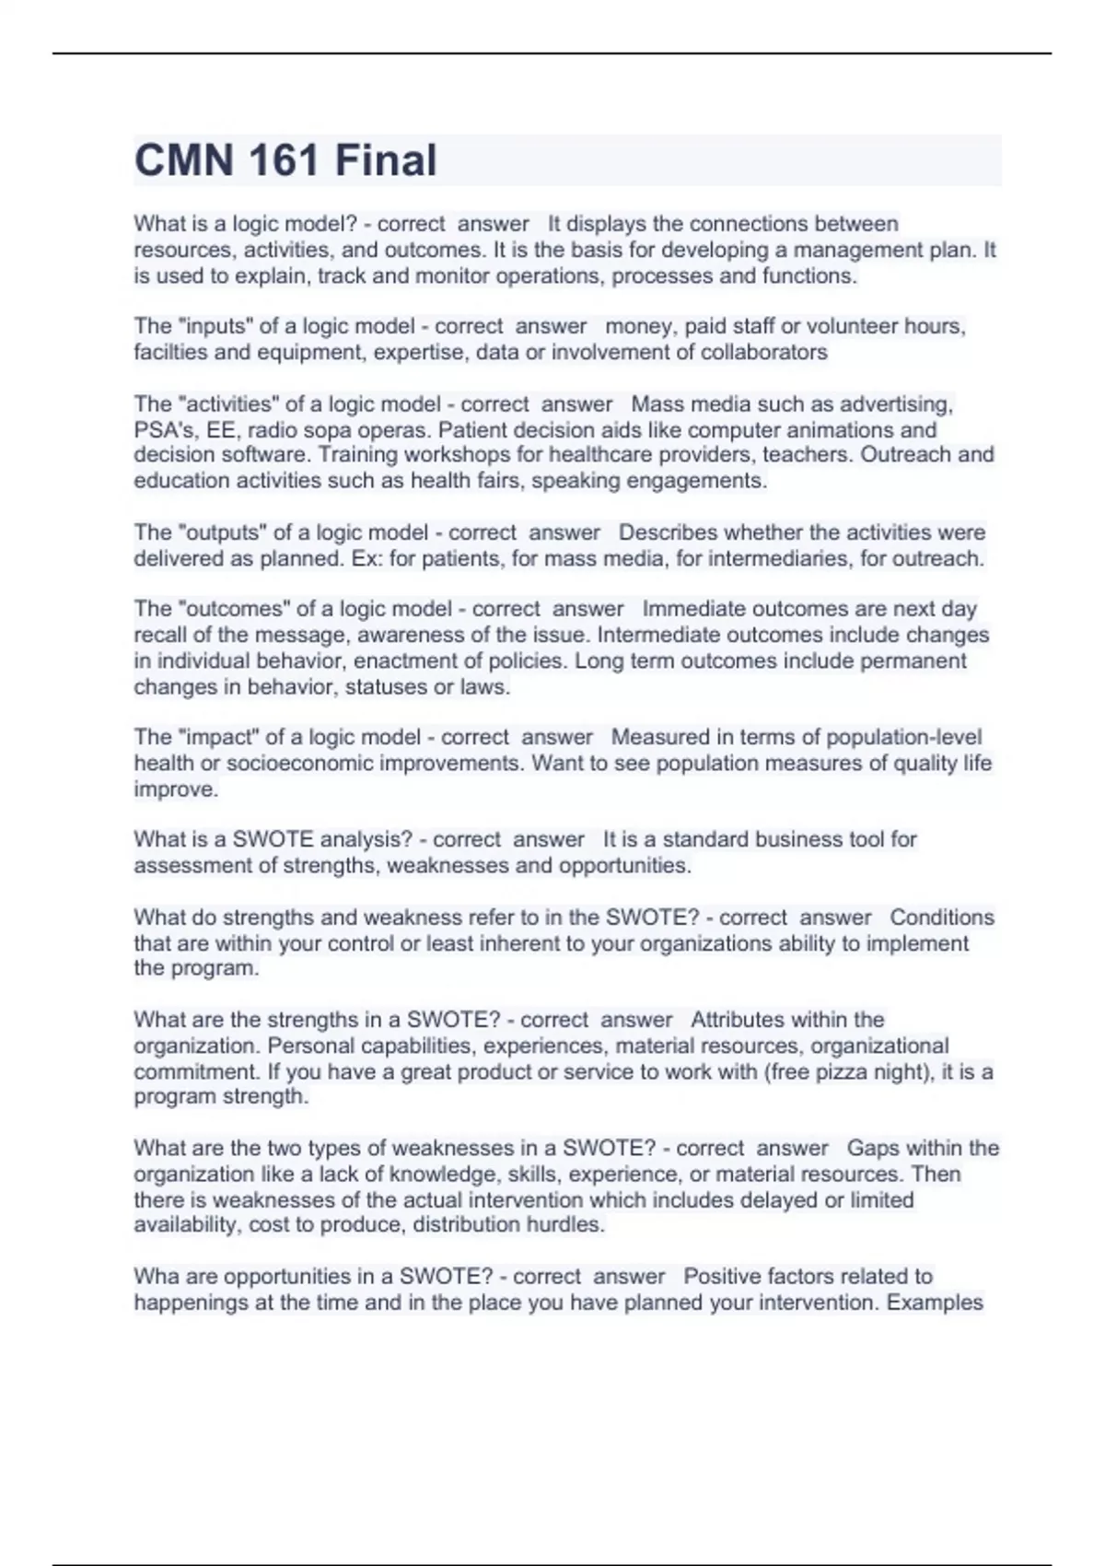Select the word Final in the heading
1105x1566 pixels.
[x=386, y=160]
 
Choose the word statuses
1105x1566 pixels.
[x=386, y=686]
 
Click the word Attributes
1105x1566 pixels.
[x=741, y=1020]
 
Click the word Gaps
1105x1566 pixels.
[x=869, y=1148]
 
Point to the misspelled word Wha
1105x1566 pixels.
[x=154, y=1276]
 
